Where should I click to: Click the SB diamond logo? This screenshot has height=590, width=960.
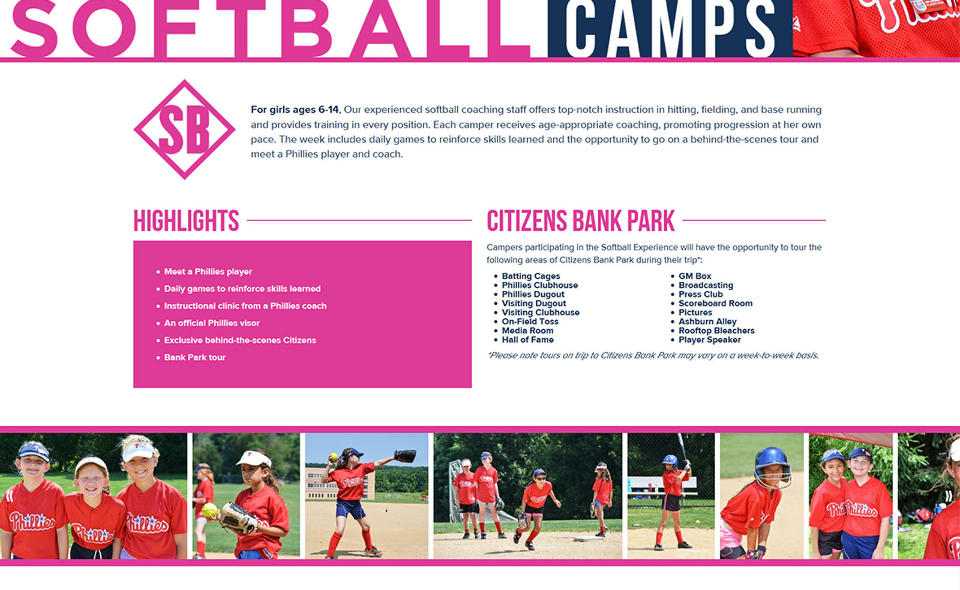pyautogui.click(x=185, y=130)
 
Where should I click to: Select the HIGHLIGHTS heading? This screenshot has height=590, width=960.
pyautogui.click(x=186, y=221)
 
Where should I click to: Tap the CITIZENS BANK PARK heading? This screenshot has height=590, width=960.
pyautogui.click(x=581, y=221)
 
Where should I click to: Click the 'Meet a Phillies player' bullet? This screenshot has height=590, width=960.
pyautogui.click(x=208, y=272)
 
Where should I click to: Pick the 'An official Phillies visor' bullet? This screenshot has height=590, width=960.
pyautogui.click(x=212, y=323)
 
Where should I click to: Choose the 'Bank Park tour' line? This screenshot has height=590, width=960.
pyautogui.click(x=194, y=357)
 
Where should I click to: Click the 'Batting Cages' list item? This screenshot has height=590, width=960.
pyautogui.click(x=530, y=276)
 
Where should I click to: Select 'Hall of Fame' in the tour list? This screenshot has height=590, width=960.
pyautogui.click(x=527, y=339)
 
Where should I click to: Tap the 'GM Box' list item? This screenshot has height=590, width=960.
pyautogui.click(x=695, y=276)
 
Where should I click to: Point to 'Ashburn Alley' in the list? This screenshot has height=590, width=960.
pyautogui.click(x=707, y=321)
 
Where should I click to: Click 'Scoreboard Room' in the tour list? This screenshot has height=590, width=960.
pyautogui.click(x=715, y=303)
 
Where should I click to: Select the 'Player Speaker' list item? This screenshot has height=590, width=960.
pyautogui.click(x=709, y=339)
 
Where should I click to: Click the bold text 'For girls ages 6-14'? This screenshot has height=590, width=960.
pyautogui.click(x=295, y=110)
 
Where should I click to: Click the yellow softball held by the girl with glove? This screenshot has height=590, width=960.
pyautogui.click(x=209, y=510)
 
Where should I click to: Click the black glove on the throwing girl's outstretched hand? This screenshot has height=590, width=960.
pyautogui.click(x=405, y=456)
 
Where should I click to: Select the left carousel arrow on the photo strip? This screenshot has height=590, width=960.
pyautogui.click(x=10, y=496)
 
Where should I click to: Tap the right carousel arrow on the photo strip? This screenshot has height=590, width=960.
pyautogui.click(x=949, y=496)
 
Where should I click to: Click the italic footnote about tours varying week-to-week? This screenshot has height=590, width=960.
pyautogui.click(x=653, y=356)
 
